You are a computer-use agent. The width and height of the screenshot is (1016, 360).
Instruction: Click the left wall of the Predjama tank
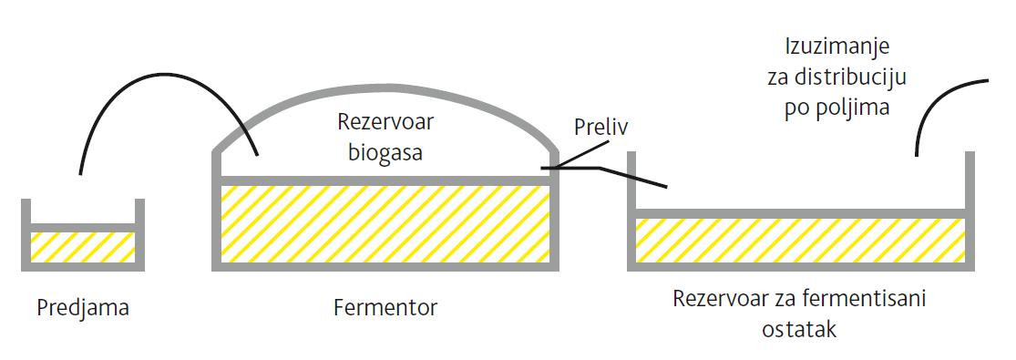(x=26, y=232)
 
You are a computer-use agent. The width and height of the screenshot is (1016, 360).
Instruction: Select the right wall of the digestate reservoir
(x=970, y=210)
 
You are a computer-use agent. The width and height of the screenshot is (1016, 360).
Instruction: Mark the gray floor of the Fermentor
(x=385, y=265)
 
